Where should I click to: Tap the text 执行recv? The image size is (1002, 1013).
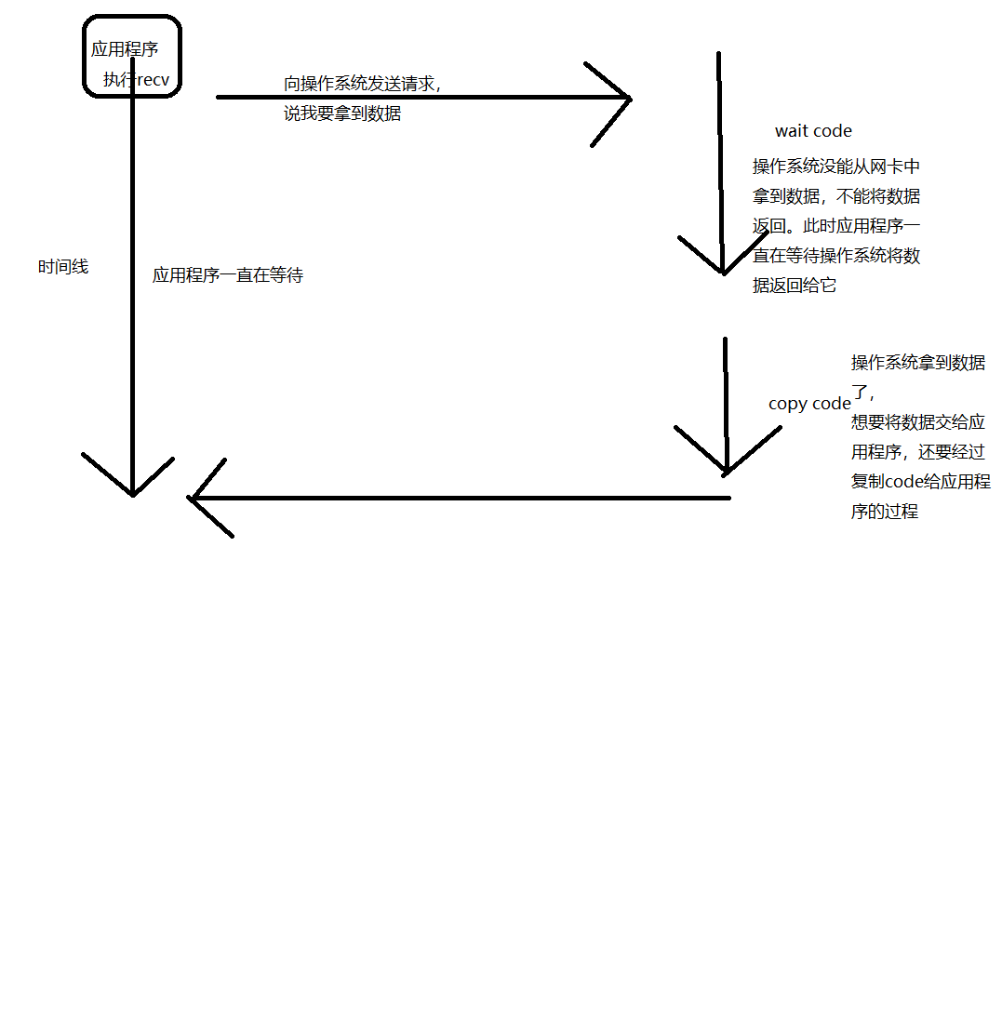coord(137,80)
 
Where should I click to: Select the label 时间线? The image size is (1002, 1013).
coord(63,267)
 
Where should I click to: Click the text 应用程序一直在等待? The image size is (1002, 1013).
coord(228,275)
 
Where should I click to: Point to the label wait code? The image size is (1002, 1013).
coord(813,131)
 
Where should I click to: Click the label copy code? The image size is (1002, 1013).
coord(809,404)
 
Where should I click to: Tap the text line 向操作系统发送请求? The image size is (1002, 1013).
coord(361,84)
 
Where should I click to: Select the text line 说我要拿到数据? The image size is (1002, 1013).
coord(342,114)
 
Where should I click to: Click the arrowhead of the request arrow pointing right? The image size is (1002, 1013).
coord(625,98)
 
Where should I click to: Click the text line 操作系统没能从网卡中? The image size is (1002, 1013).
coord(835,167)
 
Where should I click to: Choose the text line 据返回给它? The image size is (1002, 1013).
coord(795,286)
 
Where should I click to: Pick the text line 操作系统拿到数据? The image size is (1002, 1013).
coord(917,363)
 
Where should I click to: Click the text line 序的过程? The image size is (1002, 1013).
coord(884,512)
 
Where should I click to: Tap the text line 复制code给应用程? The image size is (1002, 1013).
coord(920,482)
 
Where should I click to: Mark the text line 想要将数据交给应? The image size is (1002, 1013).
coord(917,422)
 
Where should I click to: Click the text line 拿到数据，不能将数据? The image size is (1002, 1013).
coord(835,196)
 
